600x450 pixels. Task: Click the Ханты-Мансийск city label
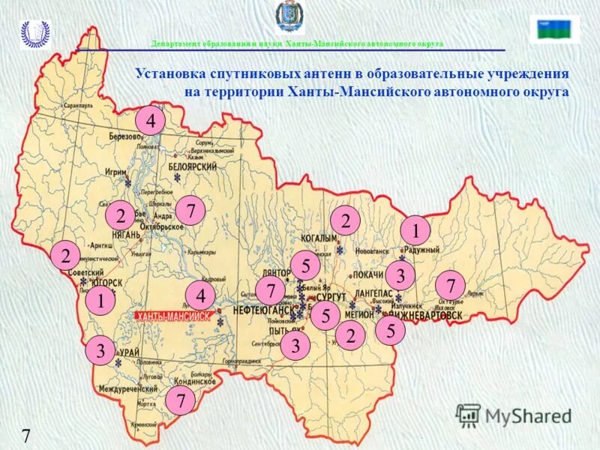[x=172, y=316]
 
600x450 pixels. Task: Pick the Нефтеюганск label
[x=262, y=310]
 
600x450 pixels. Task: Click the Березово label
[x=124, y=137]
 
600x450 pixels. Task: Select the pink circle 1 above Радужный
[x=415, y=229]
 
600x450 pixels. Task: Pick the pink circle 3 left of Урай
[x=100, y=350]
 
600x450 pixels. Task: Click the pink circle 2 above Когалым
[x=346, y=220]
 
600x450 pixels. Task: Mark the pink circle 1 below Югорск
[x=99, y=301]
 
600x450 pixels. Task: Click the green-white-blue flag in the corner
[x=554, y=29]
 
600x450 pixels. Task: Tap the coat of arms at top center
[x=288, y=17]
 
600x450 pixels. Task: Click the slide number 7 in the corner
[x=25, y=436]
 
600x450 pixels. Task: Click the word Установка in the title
[x=170, y=74]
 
